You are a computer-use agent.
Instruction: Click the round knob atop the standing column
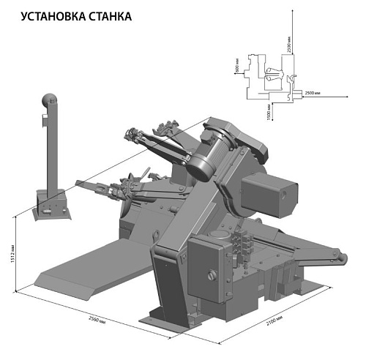(x=49, y=100)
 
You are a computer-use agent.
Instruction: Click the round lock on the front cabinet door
(x=212, y=275)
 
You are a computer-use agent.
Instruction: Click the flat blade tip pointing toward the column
(x=81, y=181)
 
